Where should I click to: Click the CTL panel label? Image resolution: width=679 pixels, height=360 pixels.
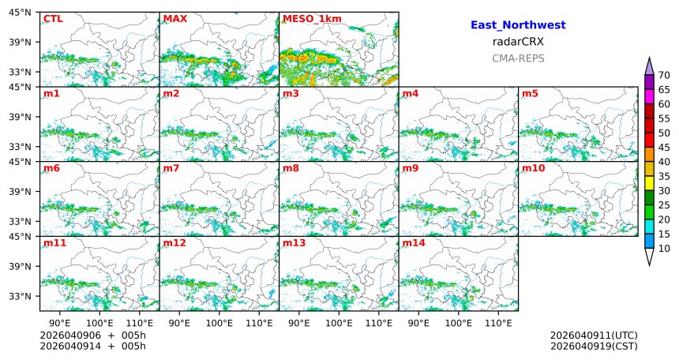(53, 19)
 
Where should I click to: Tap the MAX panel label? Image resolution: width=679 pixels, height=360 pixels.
(175, 19)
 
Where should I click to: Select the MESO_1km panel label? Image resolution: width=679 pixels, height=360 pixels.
(309, 19)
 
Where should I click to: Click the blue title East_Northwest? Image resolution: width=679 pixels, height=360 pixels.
(518, 25)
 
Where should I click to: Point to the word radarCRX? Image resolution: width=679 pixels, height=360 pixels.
(518, 42)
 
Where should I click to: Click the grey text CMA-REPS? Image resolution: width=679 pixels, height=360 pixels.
(518, 58)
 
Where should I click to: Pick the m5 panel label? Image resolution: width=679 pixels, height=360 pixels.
(530, 94)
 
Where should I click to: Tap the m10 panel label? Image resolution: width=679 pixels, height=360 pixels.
(532, 168)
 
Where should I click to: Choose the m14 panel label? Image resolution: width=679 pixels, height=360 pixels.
(413, 243)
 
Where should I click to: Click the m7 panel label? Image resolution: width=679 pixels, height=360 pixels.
(171, 168)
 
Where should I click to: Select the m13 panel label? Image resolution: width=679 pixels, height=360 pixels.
(293, 243)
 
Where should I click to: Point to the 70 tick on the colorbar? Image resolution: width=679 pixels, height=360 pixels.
(664, 75)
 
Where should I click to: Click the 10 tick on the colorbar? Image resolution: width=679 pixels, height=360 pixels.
(664, 249)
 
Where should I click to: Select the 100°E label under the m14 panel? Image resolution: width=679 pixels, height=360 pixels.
(458, 323)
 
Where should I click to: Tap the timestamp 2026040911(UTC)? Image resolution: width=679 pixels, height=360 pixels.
(594, 336)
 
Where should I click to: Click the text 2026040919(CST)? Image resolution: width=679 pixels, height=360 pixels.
(594, 346)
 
